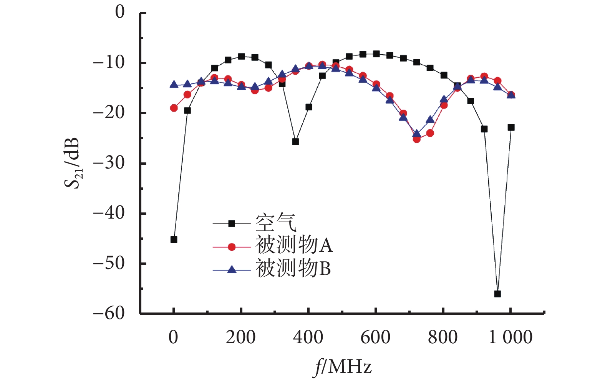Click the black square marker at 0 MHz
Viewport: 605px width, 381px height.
[x=174, y=239]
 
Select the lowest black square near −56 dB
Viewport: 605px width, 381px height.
[x=497, y=294]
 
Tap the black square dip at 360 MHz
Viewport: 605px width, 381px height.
[x=295, y=141]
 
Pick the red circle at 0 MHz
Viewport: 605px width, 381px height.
[x=174, y=108]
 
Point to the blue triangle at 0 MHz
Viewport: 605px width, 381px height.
[x=174, y=84]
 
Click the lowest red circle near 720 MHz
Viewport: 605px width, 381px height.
[x=416, y=139]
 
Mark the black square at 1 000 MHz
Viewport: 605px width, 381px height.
[x=511, y=127]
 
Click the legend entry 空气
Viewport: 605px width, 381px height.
[x=276, y=222]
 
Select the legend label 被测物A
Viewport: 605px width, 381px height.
[x=294, y=245]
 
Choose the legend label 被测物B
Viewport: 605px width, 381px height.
[x=293, y=268]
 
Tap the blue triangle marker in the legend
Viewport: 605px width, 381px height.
[x=232, y=269]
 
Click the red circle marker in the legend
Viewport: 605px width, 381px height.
[x=232, y=247]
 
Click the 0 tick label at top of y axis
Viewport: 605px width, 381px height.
[x=120, y=12]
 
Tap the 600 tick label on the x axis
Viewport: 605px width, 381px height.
[x=375, y=337]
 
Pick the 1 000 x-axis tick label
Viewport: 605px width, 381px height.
[x=510, y=337]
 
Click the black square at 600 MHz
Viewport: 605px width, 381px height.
[x=376, y=54]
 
